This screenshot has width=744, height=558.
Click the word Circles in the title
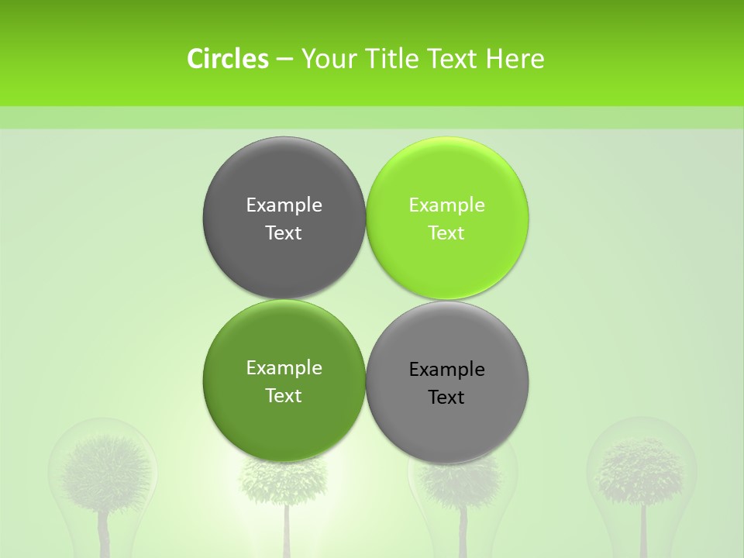pyautogui.click(x=227, y=59)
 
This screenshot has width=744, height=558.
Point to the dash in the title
pyautogui.click(x=284, y=60)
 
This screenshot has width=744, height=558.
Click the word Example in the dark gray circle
pyautogui.click(x=284, y=205)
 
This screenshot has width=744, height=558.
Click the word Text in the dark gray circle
pyautogui.click(x=284, y=233)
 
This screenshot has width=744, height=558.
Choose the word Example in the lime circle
pyautogui.click(x=446, y=205)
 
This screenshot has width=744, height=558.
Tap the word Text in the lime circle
pyautogui.click(x=446, y=233)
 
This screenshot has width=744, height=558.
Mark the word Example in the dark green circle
pyautogui.click(x=284, y=368)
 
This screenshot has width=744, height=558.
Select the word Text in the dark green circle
pyautogui.click(x=284, y=396)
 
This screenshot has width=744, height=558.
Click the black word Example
pyautogui.click(x=446, y=370)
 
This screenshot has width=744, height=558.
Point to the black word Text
pyautogui.click(x=446, y=398)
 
